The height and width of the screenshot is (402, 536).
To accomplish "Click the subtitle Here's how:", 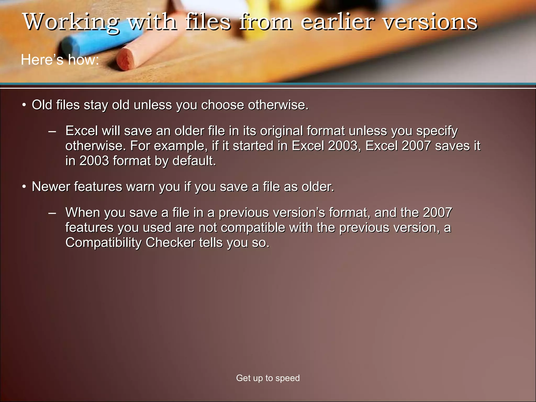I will [60, 60].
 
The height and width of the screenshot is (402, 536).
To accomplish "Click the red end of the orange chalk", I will [125, 59].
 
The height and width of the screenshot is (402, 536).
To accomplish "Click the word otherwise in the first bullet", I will [278, 105].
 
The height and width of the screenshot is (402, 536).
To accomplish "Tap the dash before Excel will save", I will [52, 131].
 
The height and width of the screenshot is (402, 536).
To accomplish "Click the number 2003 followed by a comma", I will [344, 146].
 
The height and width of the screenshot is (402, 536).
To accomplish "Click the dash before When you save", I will [52, 213].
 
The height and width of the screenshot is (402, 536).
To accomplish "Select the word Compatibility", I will [103, 243].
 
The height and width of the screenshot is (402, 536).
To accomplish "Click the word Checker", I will [170, 243].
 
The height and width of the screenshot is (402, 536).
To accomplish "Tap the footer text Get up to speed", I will [268, 378].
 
